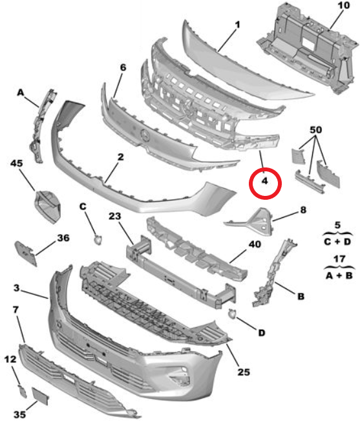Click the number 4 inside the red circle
coord(265,180)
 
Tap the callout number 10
coord(344,5)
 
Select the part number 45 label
coord(16,163)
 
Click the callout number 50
coord(316,130)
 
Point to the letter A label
coord(21,93)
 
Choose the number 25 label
coord(244,372)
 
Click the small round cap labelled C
coord(98,240)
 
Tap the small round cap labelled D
coord(233,314)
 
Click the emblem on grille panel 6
coord(144,135)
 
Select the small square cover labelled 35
coord(40,396)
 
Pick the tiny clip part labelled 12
coord(23,391)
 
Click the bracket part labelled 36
coord(26,253)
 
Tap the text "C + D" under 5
coord(337,242)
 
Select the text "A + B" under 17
coord(339,275)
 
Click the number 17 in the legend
coord(339,259)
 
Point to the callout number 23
coord(114,216)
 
